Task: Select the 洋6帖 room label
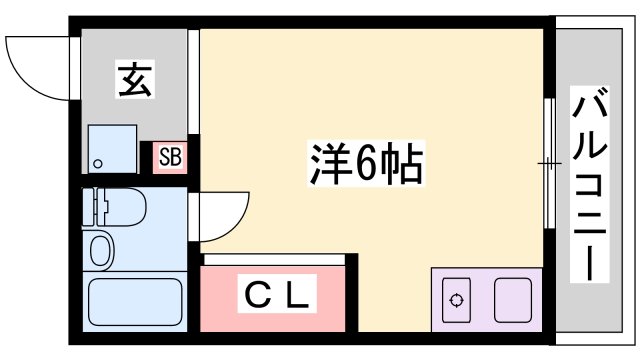[363, 163]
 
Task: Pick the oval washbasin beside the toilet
[101, 249]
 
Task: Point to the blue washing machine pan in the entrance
[112, 148]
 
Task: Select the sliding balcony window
[548, 162]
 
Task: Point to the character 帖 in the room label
[403, 163]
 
